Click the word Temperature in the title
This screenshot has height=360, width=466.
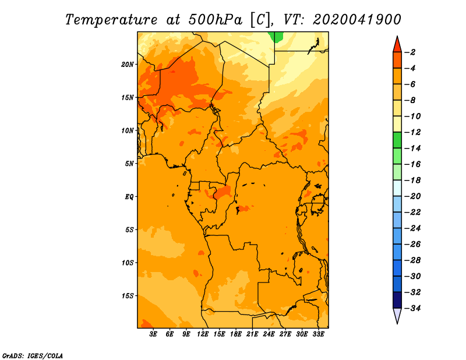click(x=111, y=20)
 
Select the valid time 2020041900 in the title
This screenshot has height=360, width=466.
click(x=357, y=20)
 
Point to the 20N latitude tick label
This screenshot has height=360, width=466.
click(x=128, y=64)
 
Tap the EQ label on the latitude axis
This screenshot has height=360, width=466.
click(x=129, y=197)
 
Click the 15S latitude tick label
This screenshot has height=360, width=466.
click(x=128, y=296)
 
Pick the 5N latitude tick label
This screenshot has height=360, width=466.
click(x=129, y=164)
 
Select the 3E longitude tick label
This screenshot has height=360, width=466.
click(x=153, y=334)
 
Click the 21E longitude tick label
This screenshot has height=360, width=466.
click(x=252, y=334)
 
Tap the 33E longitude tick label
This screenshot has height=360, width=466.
click(x=318, y=334)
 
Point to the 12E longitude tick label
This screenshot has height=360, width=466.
click(x=202, y=334)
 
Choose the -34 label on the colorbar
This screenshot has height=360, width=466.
click(x=412, y=308)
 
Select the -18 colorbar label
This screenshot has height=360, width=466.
click(x=412, y=180)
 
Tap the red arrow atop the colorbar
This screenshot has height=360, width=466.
click(x=397, y=44)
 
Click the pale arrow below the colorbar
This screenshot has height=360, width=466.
click(x=397, y=316)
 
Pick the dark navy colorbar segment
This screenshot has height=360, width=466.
click(x=397, y=300)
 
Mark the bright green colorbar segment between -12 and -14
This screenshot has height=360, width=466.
click(x=397, y=140)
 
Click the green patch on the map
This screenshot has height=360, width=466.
click(x=276, y=37)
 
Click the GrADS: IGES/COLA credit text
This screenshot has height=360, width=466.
click(x=33, y=355)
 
